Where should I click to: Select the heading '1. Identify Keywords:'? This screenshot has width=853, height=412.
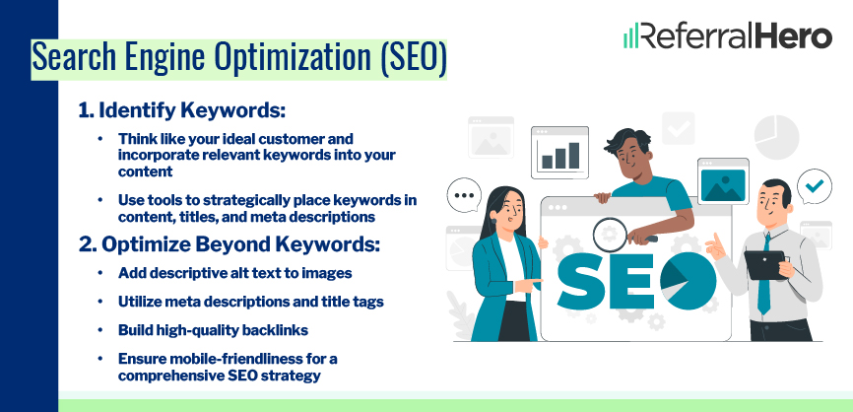pos(182,110)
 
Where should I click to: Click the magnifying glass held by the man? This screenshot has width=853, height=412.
pos(609,234)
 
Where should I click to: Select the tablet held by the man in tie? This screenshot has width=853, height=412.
pos(763,263)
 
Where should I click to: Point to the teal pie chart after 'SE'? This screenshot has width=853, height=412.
pos(689,277)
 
